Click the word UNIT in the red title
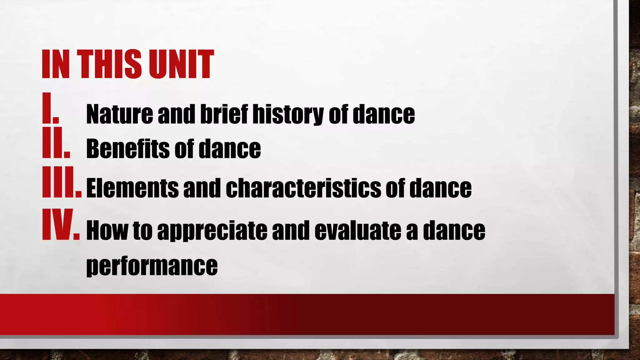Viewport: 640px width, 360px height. point(181,64)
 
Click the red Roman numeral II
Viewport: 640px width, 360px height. point(56,142)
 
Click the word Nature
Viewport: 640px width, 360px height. point(119,114)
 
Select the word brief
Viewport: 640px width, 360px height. point(224,114)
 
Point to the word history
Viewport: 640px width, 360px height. point(288,115)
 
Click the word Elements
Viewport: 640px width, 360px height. point(132,188)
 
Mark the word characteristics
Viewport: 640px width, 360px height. point(303,188)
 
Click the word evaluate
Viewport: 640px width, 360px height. point(357,230)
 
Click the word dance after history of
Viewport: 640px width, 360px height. point(384,114)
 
